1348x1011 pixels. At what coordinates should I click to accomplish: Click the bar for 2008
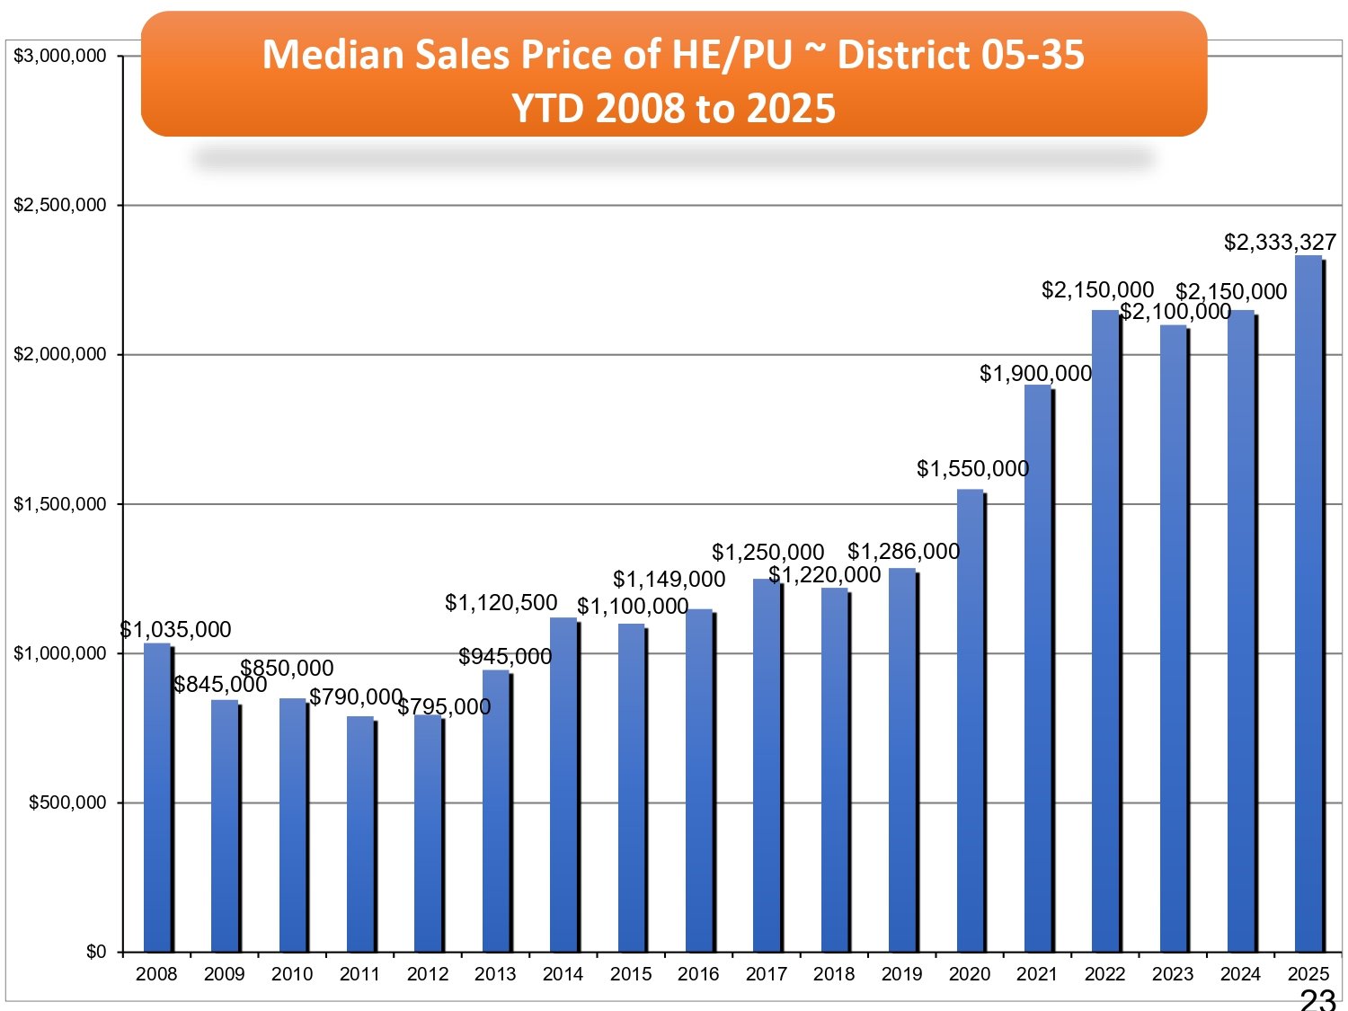pos(157,798)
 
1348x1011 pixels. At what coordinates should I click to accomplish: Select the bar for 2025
pos(1308,604)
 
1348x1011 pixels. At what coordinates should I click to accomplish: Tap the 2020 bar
pos(970,721)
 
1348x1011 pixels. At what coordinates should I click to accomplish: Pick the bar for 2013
pos(496,811)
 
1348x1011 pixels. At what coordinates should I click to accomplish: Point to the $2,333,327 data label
pos(1280,243)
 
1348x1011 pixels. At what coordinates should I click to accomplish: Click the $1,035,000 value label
pos(176,630)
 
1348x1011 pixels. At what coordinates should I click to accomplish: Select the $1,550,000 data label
pos(972,469)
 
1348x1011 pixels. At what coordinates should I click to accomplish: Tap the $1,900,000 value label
pos(1035,374)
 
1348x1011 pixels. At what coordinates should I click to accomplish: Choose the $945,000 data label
pos(505,657)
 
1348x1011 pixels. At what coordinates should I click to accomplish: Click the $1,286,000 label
pos(903,552)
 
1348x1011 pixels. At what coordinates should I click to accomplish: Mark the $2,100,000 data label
pos(1175,312)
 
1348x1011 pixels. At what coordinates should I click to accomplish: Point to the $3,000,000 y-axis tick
pos(60,56)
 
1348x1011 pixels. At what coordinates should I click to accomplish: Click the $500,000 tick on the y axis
pos(67,803)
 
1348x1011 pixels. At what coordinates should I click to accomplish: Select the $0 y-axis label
pos(96,952)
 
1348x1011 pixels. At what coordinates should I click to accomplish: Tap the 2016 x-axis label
pos(698,974)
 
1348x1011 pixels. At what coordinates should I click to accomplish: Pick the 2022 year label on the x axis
pos(1104,974)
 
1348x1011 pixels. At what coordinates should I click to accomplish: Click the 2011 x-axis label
pos(359,974)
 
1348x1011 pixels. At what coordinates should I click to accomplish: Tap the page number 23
pos(1317,999)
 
